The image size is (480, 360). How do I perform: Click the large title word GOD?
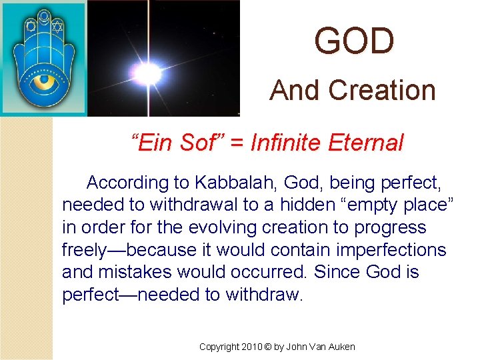tap(354, 41)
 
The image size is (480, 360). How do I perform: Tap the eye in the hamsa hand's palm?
tap(45, 83)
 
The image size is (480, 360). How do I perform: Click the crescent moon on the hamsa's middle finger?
tap(44, 15)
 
